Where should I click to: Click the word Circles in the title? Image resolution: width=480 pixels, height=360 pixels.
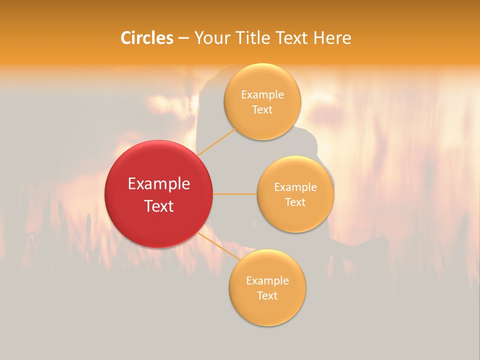click(146, 38)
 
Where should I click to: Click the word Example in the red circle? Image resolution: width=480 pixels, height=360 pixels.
click(159, 184)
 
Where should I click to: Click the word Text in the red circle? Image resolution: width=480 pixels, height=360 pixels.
click(159, 206)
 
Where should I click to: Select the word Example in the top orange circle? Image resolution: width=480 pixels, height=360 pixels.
click(262, 95)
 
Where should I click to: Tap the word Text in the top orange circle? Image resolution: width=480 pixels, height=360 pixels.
click(262, 110)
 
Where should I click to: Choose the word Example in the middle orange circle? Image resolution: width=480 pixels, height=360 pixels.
click(295, 187)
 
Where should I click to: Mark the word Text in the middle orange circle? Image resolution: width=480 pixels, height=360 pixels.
click(295, 202)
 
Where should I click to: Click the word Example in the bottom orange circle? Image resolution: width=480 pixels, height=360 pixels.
click(267, 281)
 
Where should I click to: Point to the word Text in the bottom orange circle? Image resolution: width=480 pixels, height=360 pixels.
click(267, 296)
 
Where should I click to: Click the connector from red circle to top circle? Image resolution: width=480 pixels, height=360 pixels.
click(217, 142)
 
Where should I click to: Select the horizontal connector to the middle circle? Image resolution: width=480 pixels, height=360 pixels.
click(235, 193)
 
